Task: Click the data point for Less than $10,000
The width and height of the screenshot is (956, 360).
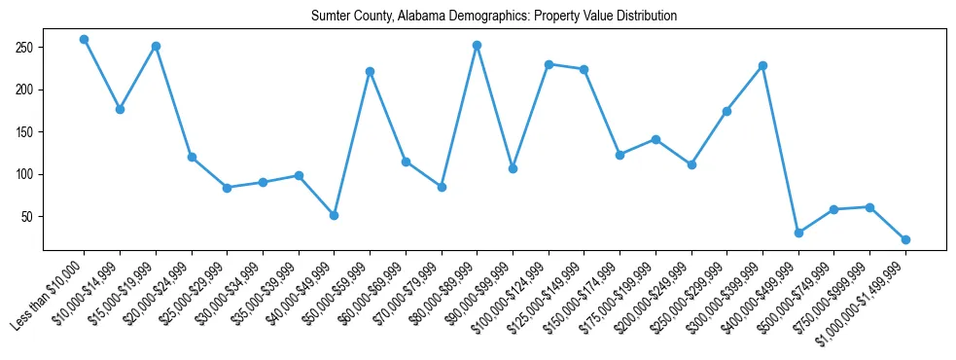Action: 84,39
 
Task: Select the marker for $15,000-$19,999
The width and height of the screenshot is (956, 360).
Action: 156,46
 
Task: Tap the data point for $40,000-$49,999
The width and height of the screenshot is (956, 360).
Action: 334,215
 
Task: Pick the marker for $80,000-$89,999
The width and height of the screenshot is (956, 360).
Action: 477,45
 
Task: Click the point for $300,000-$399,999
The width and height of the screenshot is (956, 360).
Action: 762,65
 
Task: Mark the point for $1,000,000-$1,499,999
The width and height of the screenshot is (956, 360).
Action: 905,239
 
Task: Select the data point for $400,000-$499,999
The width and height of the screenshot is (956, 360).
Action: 798,233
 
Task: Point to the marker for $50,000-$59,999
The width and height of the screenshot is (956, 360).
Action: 370,71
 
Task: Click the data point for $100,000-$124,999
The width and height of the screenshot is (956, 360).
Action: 549,64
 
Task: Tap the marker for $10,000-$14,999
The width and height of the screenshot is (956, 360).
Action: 120,109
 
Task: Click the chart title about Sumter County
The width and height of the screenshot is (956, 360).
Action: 493,17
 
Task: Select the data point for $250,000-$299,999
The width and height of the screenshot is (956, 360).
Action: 726,111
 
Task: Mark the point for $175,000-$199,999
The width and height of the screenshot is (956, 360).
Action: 655,139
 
